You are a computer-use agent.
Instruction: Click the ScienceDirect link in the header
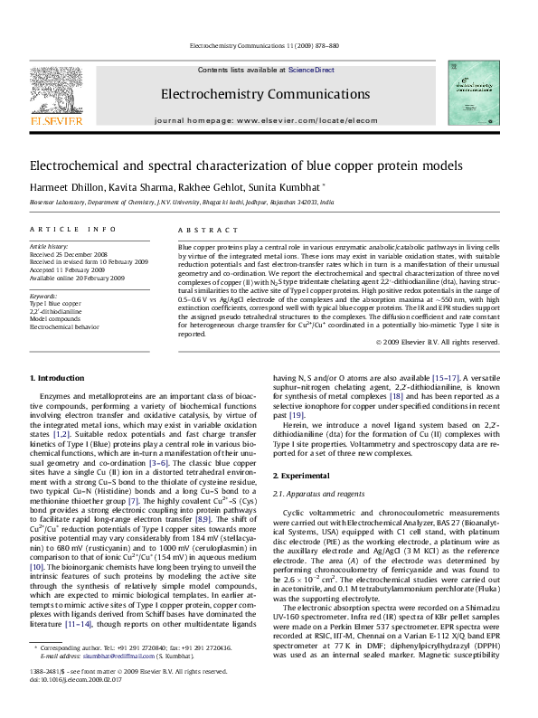311,70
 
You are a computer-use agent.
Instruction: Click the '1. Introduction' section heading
58,377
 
